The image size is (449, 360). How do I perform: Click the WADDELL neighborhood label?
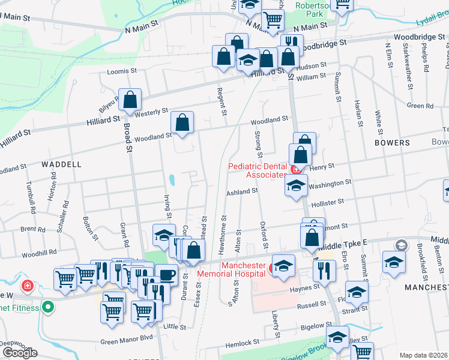point(61,164)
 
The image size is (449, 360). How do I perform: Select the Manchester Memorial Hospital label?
point(244,269)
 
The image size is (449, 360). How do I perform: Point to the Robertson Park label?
point(310,8)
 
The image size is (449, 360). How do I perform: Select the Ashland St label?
point(241,191)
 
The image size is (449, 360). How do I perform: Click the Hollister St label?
point(327,203)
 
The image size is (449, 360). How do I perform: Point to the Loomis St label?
point(122,71)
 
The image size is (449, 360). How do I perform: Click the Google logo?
point(19,353)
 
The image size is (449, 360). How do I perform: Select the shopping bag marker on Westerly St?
point(130,100)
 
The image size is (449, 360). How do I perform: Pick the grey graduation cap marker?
point(400,245)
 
